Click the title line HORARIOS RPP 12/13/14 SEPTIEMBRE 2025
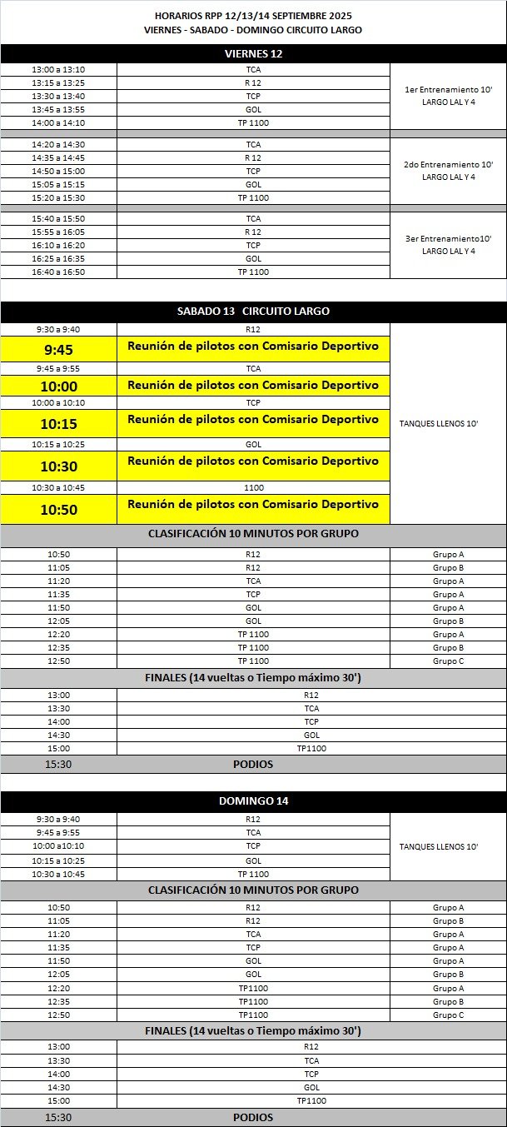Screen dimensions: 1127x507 click(252, 16)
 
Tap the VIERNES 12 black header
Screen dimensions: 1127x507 click(253, 53)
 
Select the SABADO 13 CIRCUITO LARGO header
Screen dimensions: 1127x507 click(253, 311)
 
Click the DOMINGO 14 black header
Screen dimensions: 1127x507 click(253, 800)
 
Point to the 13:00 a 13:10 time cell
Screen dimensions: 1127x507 click(58, 70)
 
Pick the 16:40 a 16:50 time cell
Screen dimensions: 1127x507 click(58, 272)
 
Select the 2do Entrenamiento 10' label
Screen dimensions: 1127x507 click(449, 164)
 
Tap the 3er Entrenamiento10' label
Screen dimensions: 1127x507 click(449, 238)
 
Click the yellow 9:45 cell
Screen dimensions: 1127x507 click(58, 350)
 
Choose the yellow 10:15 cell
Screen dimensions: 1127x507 click(58, 424)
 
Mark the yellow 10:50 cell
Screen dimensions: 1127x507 click(58, 509)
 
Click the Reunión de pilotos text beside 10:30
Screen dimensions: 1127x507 click(253, 461)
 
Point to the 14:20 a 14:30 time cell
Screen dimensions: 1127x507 click(58, 144)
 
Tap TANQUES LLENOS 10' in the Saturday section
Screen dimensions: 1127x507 click(439, 424)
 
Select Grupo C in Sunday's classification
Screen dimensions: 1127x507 click(449, 1015)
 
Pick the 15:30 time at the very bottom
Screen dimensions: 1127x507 click(58, 1118)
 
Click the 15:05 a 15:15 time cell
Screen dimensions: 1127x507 click(58, 184)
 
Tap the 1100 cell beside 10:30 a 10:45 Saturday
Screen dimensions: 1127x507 click(253, 487)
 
